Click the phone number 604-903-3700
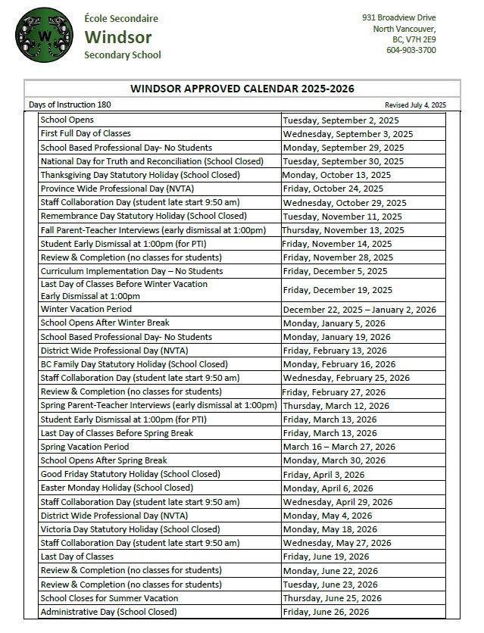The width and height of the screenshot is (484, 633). [x=411, y=51]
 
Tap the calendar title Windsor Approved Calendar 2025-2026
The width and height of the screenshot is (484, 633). [x=242, y=89]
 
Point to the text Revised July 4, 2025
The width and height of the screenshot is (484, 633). [x=415, y=104]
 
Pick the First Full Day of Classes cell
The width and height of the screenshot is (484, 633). [x=86, y=133]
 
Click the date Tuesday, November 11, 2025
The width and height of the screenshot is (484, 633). [x=342, y=216]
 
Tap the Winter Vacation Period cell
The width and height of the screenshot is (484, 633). [x=86, y=309]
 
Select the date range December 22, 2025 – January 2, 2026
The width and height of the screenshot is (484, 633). [x=360, y=310]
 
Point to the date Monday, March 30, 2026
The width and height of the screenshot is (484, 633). [x=334, y=460]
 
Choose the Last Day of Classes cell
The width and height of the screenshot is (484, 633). [x=77, y=557]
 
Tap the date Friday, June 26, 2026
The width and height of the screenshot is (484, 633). [x=326, y=612]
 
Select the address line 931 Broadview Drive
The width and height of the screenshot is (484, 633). [x=398, y=17]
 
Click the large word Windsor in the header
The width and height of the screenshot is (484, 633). [x=118, y=37]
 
